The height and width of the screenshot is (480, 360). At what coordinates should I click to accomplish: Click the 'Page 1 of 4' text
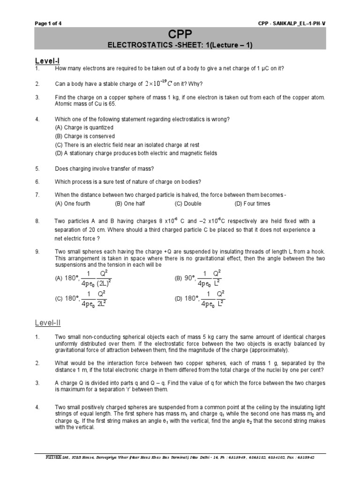48,23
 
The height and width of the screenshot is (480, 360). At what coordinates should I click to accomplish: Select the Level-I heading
47,60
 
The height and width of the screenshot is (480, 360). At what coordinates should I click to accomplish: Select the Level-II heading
48,323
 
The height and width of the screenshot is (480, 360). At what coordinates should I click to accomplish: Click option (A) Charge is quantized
84,127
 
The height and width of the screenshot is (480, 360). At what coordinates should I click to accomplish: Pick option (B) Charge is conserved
85,136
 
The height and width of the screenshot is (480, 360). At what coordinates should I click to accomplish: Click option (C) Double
188,203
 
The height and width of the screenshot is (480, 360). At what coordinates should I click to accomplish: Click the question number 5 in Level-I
37,168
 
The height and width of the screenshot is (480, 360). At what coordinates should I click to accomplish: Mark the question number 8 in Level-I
37,221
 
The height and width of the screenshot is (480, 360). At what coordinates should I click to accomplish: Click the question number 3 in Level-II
37,383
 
